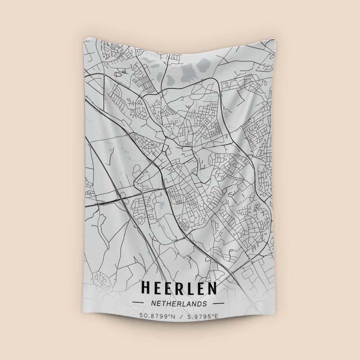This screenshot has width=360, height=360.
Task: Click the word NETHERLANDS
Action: pos(179,303)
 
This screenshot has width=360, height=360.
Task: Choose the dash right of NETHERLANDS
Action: pos(220,304)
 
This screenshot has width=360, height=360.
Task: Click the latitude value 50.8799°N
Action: pos(157,316)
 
